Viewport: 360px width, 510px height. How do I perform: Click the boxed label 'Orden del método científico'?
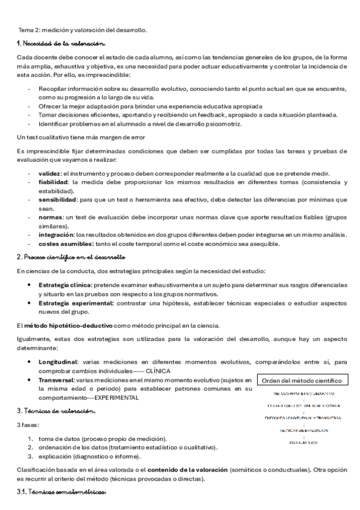tap(302, 380)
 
